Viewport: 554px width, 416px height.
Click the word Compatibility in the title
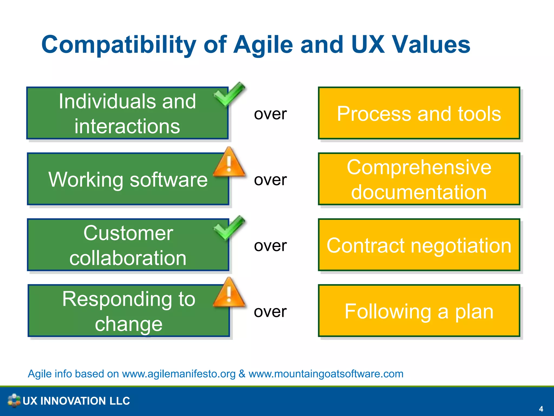tap(118, 45)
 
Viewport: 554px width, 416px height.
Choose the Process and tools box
tap(419, 113)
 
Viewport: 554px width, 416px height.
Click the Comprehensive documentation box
tap(419, 179)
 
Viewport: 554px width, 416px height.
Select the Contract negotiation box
tap(419, 245)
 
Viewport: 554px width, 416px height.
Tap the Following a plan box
tap(419, 311)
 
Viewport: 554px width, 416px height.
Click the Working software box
tap(128, 179)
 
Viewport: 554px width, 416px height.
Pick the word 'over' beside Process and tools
tap(270, 114)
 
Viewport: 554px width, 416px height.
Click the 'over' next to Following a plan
tap(270, 312)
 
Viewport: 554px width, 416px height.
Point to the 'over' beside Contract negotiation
tap(270, 246)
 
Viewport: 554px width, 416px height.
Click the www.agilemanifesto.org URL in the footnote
tap(179, 374)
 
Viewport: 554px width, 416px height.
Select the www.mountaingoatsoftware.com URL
tap(326, 374)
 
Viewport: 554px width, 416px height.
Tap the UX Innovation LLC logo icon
tap(14, 401)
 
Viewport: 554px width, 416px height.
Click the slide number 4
tap(541, 409)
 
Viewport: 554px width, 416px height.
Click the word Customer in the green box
tap(128, 233)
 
